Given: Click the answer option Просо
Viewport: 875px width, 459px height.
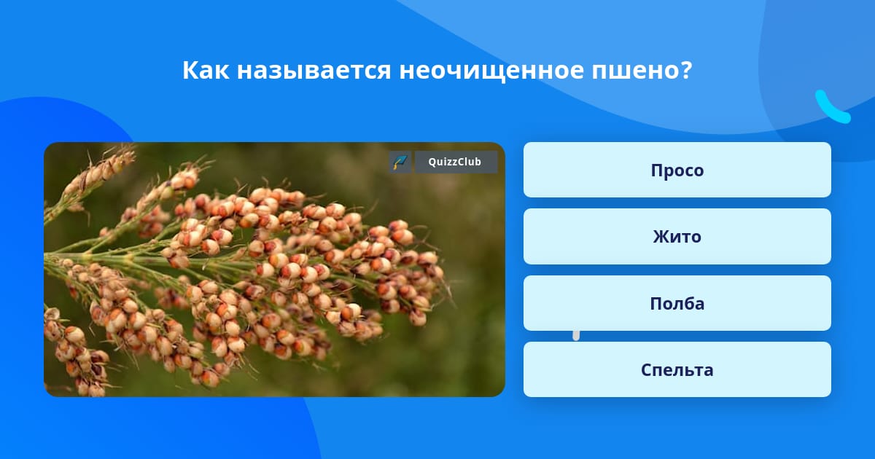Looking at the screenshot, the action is point(677,170).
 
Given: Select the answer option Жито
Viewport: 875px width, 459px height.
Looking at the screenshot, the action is point(677,237).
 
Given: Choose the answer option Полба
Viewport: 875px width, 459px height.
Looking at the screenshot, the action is point(677,303).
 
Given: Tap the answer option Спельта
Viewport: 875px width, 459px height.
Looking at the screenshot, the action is point(677,369).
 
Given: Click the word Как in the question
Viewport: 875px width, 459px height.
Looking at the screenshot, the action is point(206,70).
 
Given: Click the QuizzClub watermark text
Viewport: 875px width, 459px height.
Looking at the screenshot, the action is point(455,162).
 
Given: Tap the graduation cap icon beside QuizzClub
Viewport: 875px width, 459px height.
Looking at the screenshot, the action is point(400,162).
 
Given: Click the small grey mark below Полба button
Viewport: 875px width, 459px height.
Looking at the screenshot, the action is point(576,336).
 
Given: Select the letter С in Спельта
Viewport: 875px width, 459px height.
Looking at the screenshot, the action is point(647,370).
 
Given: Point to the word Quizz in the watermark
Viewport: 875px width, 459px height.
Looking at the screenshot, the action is point(442,162).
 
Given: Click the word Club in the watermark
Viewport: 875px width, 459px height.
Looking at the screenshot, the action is point(469,162).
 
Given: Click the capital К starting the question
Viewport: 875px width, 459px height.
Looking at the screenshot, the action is point(190,70).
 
